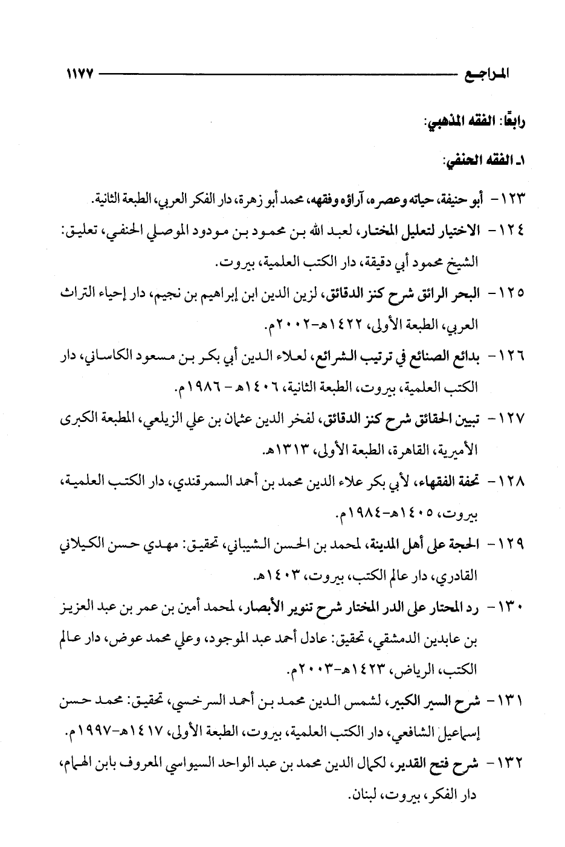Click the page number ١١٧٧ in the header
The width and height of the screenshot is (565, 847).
coord(77,75)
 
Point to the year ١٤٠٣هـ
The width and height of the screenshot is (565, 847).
coord(279,576)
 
